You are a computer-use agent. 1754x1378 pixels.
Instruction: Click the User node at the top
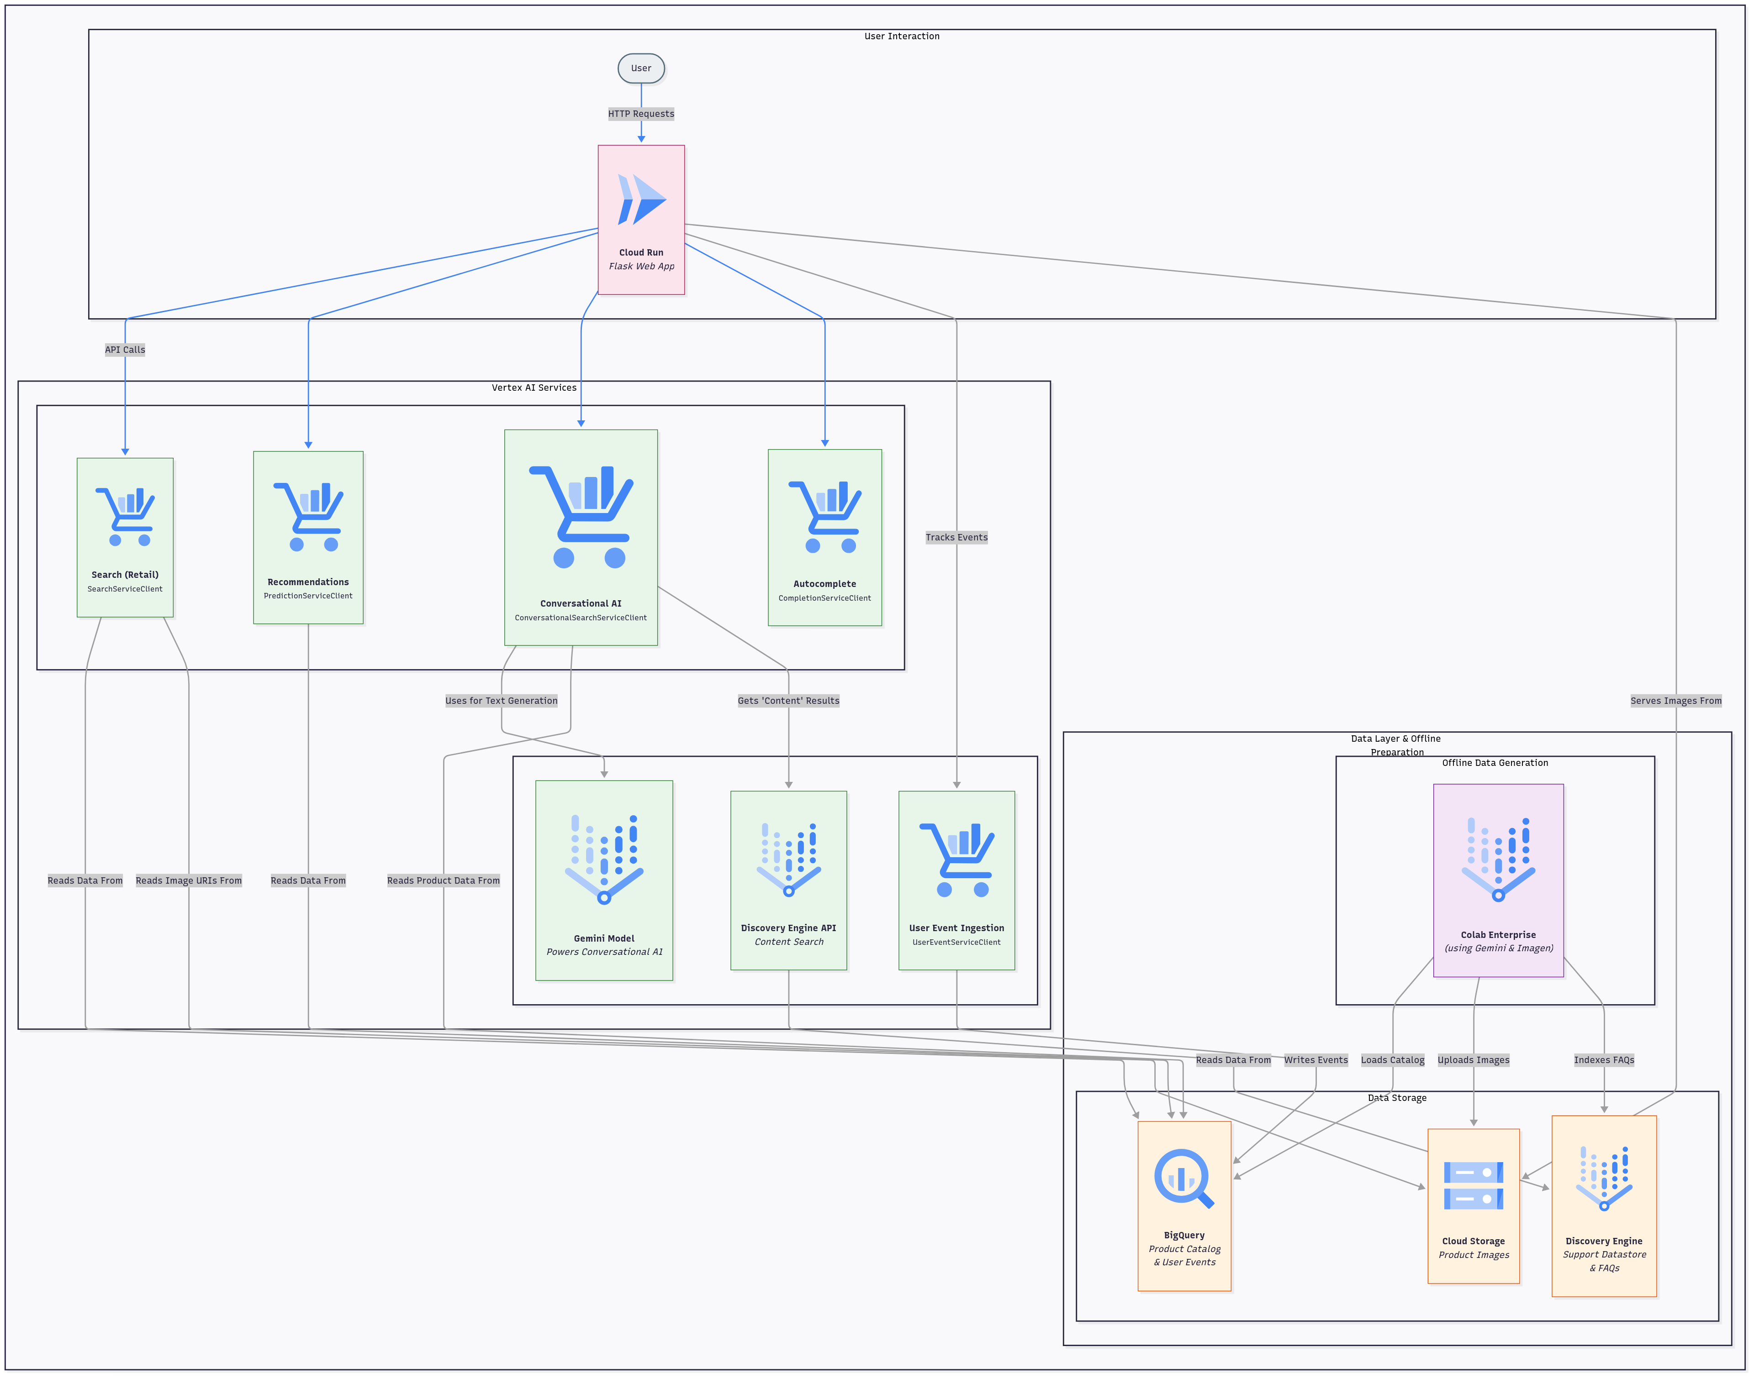641,68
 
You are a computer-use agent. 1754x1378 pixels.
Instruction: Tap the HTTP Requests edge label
641,114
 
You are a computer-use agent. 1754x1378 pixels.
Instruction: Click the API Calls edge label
125,349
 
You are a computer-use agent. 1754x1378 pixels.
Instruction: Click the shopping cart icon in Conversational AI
581,516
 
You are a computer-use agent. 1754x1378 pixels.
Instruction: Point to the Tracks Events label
956,537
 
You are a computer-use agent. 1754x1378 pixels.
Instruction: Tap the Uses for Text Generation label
501,700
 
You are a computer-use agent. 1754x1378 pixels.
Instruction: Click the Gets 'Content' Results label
788,700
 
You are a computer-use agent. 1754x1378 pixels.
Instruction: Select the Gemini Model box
604,880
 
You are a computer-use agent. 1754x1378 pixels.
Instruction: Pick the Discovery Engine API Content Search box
788,880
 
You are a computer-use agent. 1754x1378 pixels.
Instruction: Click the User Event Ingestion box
956,880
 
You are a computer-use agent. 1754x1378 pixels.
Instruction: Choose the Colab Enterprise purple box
1498,880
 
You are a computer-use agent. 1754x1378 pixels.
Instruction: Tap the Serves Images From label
1676,700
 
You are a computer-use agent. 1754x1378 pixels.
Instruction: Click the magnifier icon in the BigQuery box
1184,1179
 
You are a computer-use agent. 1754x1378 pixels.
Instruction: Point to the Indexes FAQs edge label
1604,1060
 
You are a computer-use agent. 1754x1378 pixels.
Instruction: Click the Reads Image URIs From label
189,880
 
